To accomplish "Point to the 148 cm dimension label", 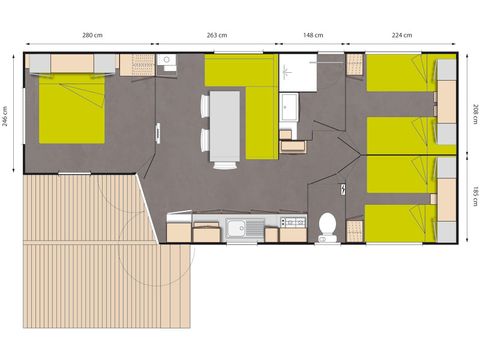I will [x=313, y=35].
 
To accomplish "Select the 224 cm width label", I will [x=403, y=35].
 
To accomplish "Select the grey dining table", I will [x=225, y=127].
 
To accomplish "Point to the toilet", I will [x=325, y=226].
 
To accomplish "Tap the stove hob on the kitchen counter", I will [x=293, y=222].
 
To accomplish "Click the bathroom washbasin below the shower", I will [x=291, y=106].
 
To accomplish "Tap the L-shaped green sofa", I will [x=255, y=100].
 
